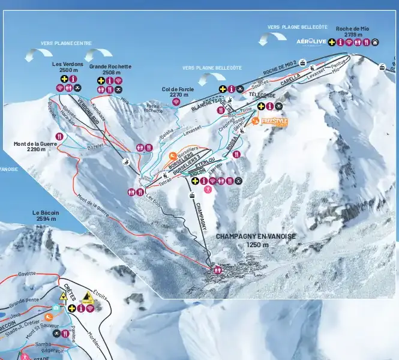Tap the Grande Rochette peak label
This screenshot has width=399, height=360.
click(110, 69)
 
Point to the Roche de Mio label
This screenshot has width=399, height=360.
click(353, 31)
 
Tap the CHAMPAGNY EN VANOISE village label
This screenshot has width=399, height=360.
click(256, 240)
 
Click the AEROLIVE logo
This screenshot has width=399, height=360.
click(311, 41)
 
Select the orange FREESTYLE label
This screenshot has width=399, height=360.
click(274, 121)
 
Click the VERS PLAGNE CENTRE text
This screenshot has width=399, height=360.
click(66, 43)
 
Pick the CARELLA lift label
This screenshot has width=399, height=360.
click(290, 80)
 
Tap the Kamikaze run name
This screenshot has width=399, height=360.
click(99, 110)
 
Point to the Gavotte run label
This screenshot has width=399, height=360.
click(27, 274)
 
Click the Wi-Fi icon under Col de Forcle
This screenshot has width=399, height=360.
click(176, 101)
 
